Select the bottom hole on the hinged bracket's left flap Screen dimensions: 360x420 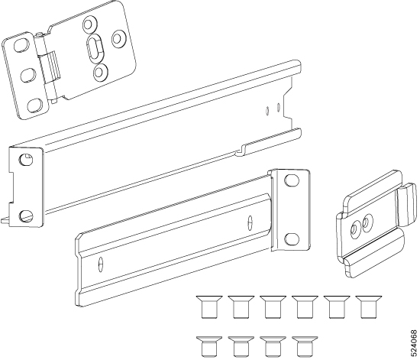(x=35, y=103)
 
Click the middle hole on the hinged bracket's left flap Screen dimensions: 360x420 (x=27, y=74)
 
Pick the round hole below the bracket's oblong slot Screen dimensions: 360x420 (x=100, y=73)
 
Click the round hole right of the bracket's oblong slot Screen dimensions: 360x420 (x=118, y=37)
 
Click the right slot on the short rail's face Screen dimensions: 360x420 (x=254, y=224)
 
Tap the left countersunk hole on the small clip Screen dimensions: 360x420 (x=354, y=228)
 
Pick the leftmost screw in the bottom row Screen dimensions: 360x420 (x=204, y=345)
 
